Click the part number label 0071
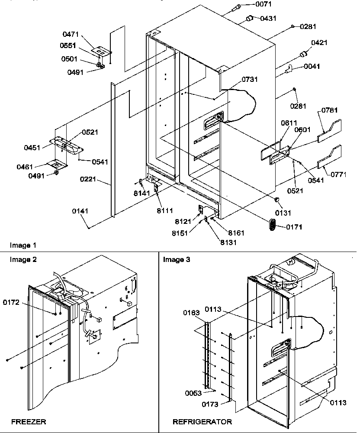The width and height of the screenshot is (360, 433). coord(261,5)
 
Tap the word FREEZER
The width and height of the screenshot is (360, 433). coord(29,421)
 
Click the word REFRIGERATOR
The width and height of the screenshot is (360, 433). coord(202,421)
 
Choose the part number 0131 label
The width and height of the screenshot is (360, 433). coord(282,213)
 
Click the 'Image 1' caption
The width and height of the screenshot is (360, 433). coord(23,246)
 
